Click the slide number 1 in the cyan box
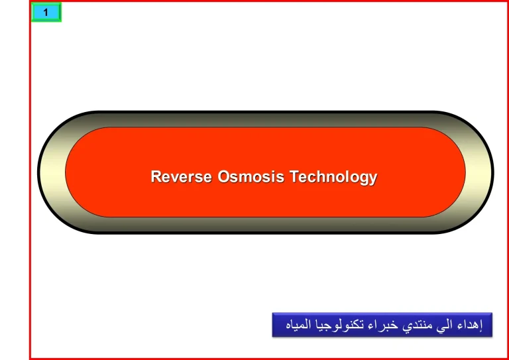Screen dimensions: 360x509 tap(46, 13)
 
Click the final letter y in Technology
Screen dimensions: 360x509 tap(373, 179)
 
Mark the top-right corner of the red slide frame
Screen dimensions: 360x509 tap(506, 2)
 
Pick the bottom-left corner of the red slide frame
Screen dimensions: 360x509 tap(30, 357)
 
